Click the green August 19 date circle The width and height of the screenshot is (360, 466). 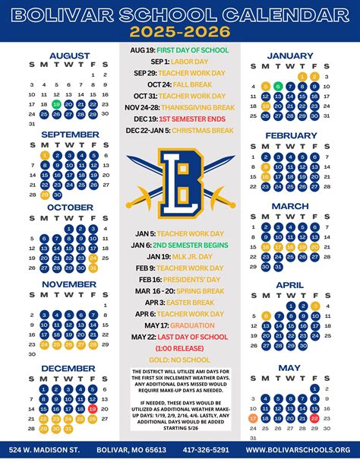(57, 104)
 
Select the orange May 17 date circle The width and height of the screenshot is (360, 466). (253, 417)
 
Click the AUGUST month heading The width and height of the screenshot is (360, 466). (69, 55)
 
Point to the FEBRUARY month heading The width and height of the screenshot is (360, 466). (290, 135)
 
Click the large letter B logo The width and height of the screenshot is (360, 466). (179, 178)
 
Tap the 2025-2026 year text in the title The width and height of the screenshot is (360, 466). (179, 31)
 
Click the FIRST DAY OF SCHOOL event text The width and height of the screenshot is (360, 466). (194, 49)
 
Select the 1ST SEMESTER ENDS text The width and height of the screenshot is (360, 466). (199, 119)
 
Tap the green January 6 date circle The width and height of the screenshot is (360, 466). (278, 86)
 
